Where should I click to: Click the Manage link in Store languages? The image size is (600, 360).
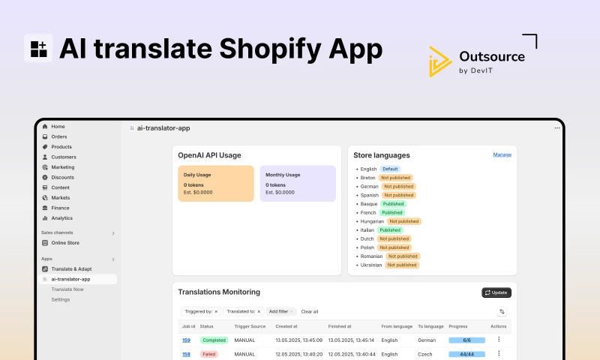pyautogui.click(x=502, y=154)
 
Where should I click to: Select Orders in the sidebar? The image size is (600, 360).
pyautogui.click(x=58, y=136)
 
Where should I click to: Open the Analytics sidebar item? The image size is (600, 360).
pyautogui.click(x=61, y=218)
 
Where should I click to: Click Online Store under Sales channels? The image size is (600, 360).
pyautogui.click(x=64, y=243)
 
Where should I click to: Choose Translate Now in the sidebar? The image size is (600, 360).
pyautogui.click(x=67, y=289)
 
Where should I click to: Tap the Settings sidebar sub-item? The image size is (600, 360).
pyautogui.click(x=61, y=299)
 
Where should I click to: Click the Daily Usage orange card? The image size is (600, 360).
pyautogui.click(x=216, y=184)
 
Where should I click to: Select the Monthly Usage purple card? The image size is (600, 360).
pyautogui.click(x=298, y=184)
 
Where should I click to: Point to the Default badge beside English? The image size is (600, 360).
pyautogui.click(x=390, y=169)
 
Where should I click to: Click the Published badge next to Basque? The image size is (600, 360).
pyautogui.click(x=393, y=204)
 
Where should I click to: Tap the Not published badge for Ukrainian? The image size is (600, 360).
pyautogui.click(x=402, y=265)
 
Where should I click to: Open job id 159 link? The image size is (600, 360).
pyautogui.click(x=186, y=340)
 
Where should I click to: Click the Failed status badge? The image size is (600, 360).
pyautogui.click(x=209, y=354)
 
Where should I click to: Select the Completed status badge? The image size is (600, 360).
pyautogui.click(x=214, y=340)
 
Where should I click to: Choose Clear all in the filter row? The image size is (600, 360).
pyautogui.click(x=310, y=311)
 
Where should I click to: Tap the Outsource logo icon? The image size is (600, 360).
pyautogui.click(x=439, y=61)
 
